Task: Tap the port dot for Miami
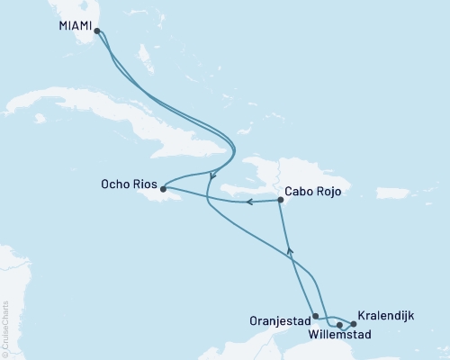(x=96, y=30)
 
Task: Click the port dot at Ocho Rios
(x=162, y=189)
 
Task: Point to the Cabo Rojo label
(x=313, y=191)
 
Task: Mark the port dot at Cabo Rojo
(x=281, y=200)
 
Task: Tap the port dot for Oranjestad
(x=315, y=316)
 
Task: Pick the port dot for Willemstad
(x=339, y=325)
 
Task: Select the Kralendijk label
(x=386, y=317)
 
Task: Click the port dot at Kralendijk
(x=354, y=324)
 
